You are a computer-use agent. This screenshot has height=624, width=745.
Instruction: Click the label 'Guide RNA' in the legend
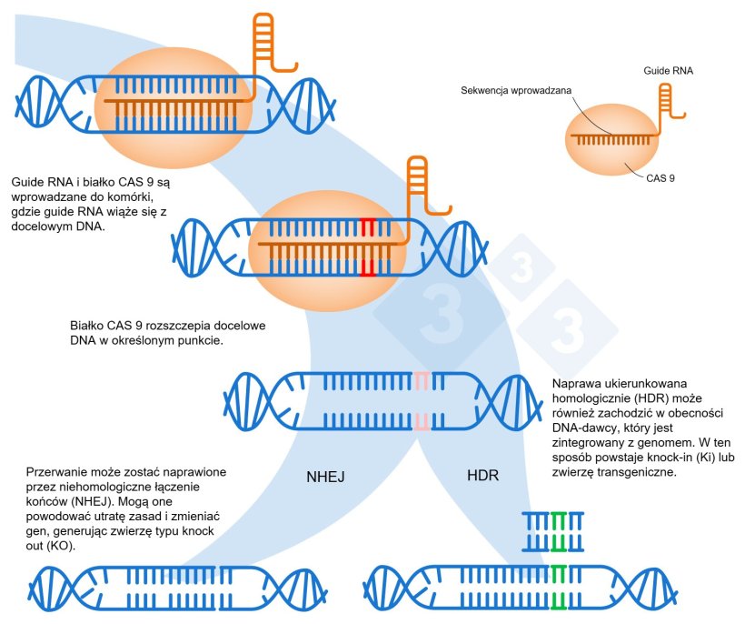[669, 70]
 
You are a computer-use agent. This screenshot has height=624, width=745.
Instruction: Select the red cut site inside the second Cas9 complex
[367, 247]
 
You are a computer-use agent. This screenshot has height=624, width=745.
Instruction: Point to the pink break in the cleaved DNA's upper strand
[421, 380]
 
